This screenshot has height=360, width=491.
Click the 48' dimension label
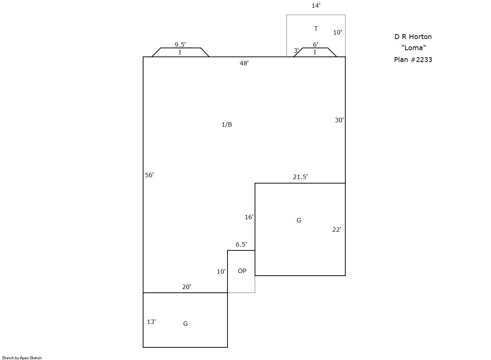click(244, 63)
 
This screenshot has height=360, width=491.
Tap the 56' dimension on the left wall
click(149, 175)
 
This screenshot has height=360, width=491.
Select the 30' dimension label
click(339, 120)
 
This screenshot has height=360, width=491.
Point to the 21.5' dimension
click(300, 177)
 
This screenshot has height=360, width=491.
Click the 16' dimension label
click(249, 217)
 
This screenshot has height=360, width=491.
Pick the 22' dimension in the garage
click(337, 230)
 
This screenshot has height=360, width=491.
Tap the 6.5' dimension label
click(241, 244)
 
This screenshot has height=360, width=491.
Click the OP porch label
click(242, 271)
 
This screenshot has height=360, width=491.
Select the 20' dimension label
click(187, 287)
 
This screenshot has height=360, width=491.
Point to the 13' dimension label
click(151, 322)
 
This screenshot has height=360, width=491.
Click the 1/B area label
click(227, 125)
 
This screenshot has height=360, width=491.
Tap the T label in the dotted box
click(316, 29)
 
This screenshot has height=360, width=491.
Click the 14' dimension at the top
click(316, 6)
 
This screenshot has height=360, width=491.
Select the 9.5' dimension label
click(180, 45)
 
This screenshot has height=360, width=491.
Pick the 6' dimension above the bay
click(316, 45)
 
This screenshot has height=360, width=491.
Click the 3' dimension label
click(296, 51)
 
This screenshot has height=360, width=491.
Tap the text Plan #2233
click(413, 60)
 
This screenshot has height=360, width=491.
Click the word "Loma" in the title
click(414, 48)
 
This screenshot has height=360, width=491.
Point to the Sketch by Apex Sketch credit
click(22, 358)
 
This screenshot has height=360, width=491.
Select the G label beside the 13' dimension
click(185, 324)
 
